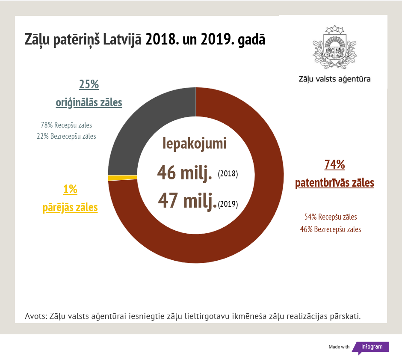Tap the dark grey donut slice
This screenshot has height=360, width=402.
tap(137, 128)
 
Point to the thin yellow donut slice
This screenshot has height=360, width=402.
tap(123, 178)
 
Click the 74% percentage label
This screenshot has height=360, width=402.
tap(334, 165)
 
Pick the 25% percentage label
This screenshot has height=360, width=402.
tap(89, 84)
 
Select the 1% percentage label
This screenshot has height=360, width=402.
tap(70, 189)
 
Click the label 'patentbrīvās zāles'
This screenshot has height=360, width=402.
tap(334, 183)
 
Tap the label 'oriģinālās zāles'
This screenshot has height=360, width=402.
tap(89, 103)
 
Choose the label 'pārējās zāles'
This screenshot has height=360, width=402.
tap(70, 208)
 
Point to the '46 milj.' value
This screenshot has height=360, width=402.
tap(185, 173)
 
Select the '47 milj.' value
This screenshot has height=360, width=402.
tap(187, 200)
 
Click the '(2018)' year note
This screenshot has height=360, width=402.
tap(228, 174)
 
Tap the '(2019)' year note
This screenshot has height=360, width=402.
tap(228, 204)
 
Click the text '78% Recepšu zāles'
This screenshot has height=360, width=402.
tap(66, 125)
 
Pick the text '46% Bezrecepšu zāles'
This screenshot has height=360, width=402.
tap(331, 229)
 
